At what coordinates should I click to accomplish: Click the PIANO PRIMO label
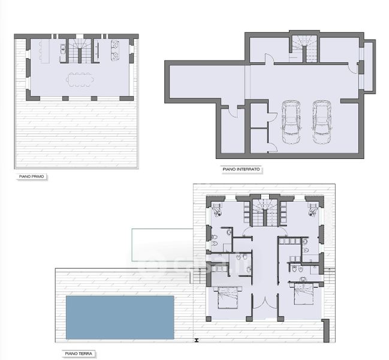click(32, 176)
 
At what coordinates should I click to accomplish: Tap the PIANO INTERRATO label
click(241, 169)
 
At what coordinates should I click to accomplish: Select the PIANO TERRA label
click(79, 353)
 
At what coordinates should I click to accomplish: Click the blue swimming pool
click(120, 317)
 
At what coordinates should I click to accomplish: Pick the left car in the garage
click(291, 122)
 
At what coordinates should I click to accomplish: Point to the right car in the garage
click(322, 122)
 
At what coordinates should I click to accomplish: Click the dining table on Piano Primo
click(80, 80)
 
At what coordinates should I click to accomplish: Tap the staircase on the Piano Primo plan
click(79, 51)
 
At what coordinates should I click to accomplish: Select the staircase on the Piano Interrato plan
click(304, 49)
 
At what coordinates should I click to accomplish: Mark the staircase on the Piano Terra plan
click(265, 213)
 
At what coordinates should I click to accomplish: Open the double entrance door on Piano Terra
click(265, 301)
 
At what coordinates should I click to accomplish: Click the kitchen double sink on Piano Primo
click(63, 49)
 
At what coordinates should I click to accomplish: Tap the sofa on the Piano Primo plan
click(115, 50)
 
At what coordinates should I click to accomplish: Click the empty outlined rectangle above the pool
click(162, 245)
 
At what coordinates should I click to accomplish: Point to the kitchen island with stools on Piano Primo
click(44, 52)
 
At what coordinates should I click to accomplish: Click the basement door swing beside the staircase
click(269, 58)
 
